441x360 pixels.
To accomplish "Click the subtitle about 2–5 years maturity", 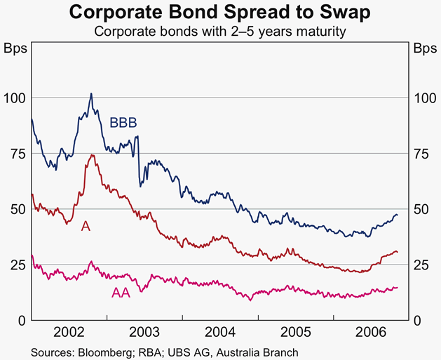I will [x=220, y=32].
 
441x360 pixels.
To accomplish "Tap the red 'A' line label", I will [x=86, y=226].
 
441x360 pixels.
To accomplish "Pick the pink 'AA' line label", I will [x=121, y=292].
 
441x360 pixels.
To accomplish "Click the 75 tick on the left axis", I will [x=17, y=154].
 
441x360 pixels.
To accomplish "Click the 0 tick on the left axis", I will [x=21, y=321].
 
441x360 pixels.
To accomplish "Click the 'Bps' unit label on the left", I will [x=15, y=49].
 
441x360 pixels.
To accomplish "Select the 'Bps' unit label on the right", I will [x=424, y=49].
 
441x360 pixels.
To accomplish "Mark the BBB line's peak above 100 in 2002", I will [x=90, y=93].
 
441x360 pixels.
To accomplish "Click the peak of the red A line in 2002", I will [x=91, y=155].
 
